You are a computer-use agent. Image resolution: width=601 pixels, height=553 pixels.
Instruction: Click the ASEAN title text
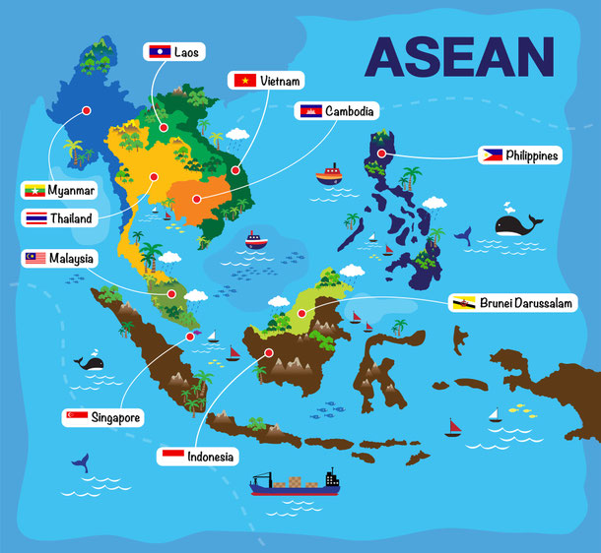(x=458, y=56)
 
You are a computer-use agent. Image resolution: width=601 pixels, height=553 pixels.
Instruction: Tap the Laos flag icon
(x=158, y=50)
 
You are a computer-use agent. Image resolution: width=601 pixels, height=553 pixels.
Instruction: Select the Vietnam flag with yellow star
(x=242, y=81)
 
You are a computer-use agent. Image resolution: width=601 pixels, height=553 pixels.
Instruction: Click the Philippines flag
(x=492, y=154)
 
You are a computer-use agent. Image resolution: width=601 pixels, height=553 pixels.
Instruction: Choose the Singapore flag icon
(x=76, y=417)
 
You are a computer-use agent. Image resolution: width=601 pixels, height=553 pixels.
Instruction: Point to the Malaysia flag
(x=35, y=259)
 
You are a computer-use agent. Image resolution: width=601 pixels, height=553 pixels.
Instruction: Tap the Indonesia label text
(x=212, y=457)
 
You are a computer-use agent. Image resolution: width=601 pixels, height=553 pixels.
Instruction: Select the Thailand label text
(x=72, y=217)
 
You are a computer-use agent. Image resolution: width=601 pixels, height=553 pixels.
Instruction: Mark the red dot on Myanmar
(x=87, y=110)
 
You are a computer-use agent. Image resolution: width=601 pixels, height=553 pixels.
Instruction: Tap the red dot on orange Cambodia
(x=196, y=198)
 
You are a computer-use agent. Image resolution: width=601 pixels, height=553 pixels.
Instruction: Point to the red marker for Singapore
(x=190, y=336)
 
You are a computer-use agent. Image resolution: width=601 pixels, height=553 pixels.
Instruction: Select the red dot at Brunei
(x=301, y=313)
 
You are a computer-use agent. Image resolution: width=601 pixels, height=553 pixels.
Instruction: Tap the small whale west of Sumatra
(x=92, y=362)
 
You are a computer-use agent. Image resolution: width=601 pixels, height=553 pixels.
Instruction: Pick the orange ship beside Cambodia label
(x=328, y=176)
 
